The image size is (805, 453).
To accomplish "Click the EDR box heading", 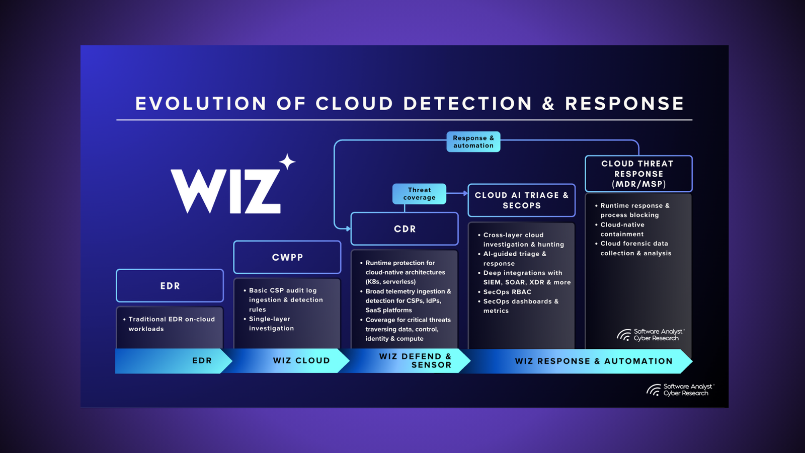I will [170, 286].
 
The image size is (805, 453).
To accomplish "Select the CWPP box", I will [287, 257].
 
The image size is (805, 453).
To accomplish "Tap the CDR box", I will [405, 229].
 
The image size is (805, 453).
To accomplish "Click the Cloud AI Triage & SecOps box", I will [522, 200].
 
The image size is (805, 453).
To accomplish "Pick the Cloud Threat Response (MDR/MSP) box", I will [638, 174].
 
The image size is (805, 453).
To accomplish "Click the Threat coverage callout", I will [419, 194].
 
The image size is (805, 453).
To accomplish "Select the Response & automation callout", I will [473, 142].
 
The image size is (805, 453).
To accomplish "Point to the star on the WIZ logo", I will [287, 162].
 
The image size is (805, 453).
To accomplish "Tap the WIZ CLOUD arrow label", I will [301, 361].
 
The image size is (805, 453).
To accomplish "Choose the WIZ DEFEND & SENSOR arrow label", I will [416, 361].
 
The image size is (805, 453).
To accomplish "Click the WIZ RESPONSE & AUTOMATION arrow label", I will [594, 361].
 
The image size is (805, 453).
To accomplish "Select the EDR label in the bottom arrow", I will [202, 361].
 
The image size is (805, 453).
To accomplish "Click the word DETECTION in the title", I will [467, 104].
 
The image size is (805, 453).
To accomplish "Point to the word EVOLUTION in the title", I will [201, 104].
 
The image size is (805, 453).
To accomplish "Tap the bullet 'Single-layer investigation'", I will [271, 324].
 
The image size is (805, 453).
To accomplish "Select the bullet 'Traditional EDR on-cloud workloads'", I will [171, 324].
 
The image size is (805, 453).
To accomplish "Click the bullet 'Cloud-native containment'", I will [622, 230].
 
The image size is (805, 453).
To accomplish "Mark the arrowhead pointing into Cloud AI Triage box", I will [465, 193].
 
